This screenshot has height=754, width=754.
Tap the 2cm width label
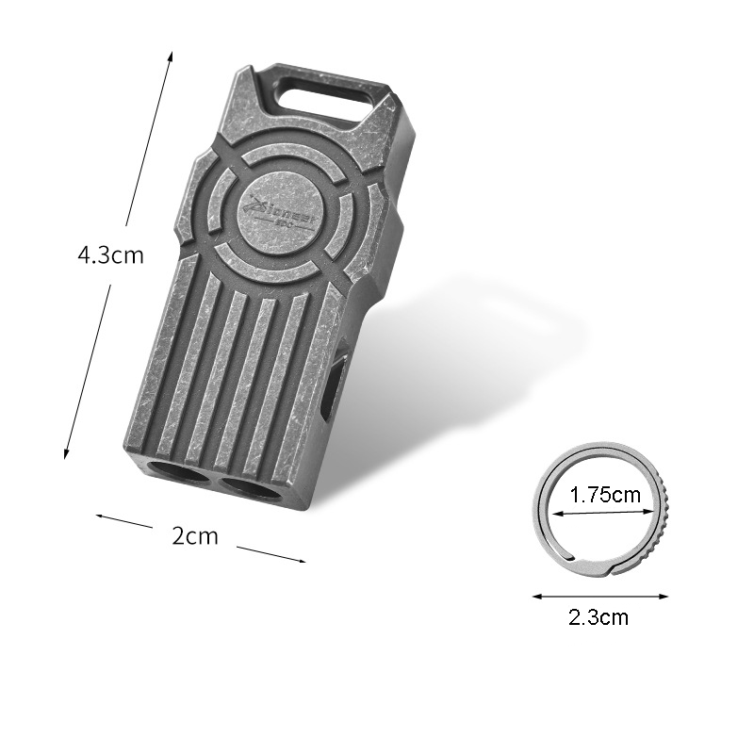point(195,536)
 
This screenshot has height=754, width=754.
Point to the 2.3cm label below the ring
point(598,618)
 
